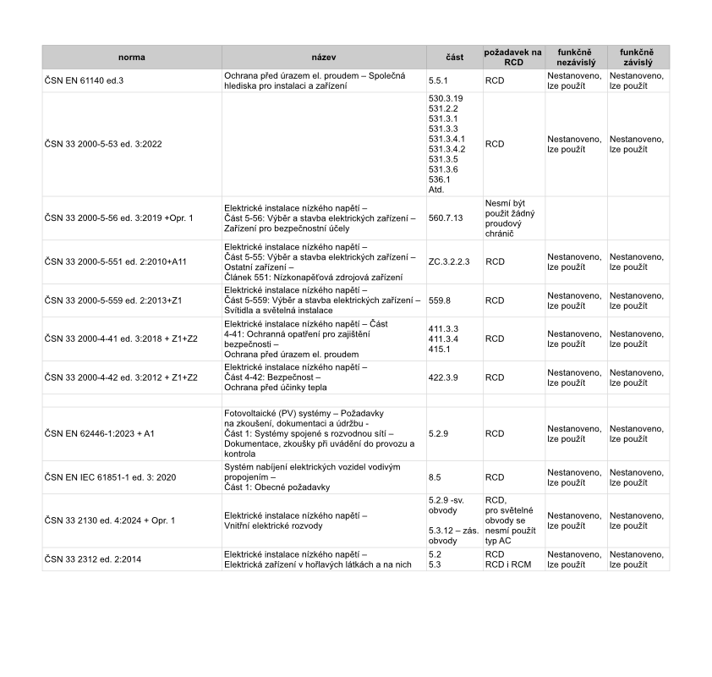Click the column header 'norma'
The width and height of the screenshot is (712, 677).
tap(131, 58)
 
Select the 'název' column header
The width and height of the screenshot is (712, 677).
tap(324, 58)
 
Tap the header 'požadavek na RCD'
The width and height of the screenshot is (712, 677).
tap(512, 58)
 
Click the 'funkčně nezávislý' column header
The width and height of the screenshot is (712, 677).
tap(575, 58)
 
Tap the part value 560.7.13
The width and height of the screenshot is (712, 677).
tap(446, 218)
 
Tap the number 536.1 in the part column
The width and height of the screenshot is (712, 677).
tap(441, 179)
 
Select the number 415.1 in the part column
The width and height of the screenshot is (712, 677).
tap(441, 349)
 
